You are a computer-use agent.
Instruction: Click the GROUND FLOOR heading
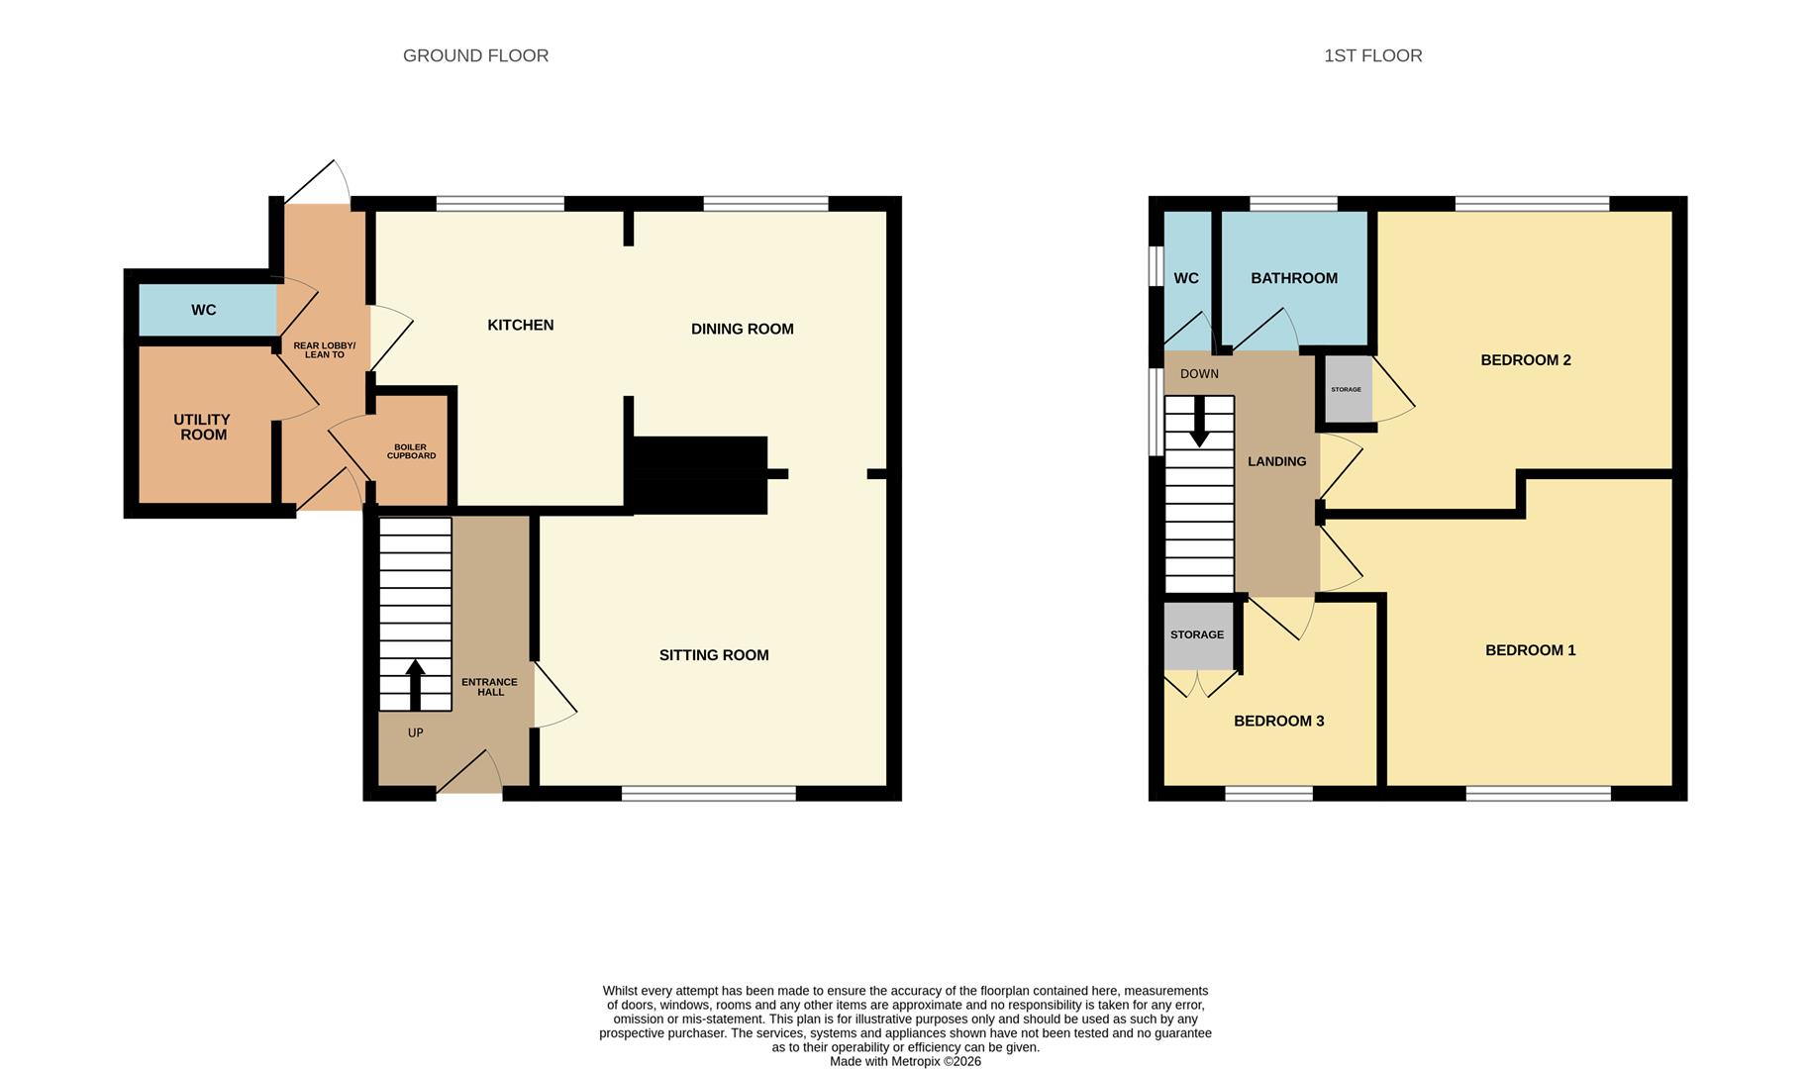(475, 55)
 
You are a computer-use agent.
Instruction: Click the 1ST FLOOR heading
(1372, 55)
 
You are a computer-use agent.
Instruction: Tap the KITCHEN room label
(520, 325)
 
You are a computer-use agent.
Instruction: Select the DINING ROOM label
(742, 329)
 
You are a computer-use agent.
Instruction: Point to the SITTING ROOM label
(714, 654)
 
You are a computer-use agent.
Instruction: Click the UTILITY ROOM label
(202, 427)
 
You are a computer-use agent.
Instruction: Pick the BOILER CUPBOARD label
(411, 451)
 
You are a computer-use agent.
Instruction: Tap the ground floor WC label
(203, 310)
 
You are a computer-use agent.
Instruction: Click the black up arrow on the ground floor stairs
(415, 685)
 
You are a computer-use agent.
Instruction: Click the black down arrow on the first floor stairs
(1199, 422)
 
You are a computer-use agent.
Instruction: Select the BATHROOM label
(1294, 278)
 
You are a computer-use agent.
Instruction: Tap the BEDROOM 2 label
(1526, 360)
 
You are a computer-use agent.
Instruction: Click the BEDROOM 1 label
(1530, 650)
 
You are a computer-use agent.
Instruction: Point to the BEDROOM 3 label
(1278, 721)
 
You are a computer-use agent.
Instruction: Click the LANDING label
(1276, 461)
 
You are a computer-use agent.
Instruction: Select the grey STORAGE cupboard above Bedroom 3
(1198, 635)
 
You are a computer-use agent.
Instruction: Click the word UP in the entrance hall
(415, 732)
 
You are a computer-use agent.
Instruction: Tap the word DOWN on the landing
(1199, 374)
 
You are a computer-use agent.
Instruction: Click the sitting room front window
(709, 793)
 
